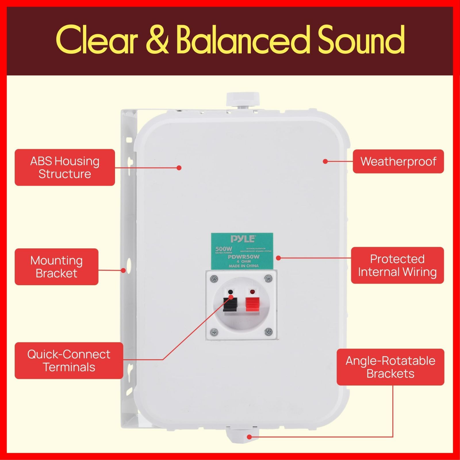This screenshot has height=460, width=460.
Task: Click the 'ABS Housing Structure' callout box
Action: [x=65, y=167]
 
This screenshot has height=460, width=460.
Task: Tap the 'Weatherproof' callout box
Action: [x=398, y=161]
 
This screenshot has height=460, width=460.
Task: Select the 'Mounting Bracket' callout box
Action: [x=56, y=267]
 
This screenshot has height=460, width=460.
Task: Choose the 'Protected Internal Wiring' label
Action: [x=397, y=265]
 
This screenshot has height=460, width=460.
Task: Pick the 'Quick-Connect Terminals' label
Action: [x=69, y=360]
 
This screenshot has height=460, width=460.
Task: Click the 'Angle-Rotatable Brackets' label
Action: [x=390, y=367]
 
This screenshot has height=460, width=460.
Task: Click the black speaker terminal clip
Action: [x=231, y=305]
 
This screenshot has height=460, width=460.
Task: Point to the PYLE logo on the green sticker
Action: [x=242, y=239]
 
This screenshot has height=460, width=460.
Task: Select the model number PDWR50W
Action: [x=244, y=257]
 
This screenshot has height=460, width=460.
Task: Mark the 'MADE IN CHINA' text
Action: [x=244, y=266]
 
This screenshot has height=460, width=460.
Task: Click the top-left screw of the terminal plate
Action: [x=214, y=278]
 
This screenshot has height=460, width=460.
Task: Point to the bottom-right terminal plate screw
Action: [x=268, y=331]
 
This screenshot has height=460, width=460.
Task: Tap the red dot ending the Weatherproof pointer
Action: [x=325, y=161]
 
